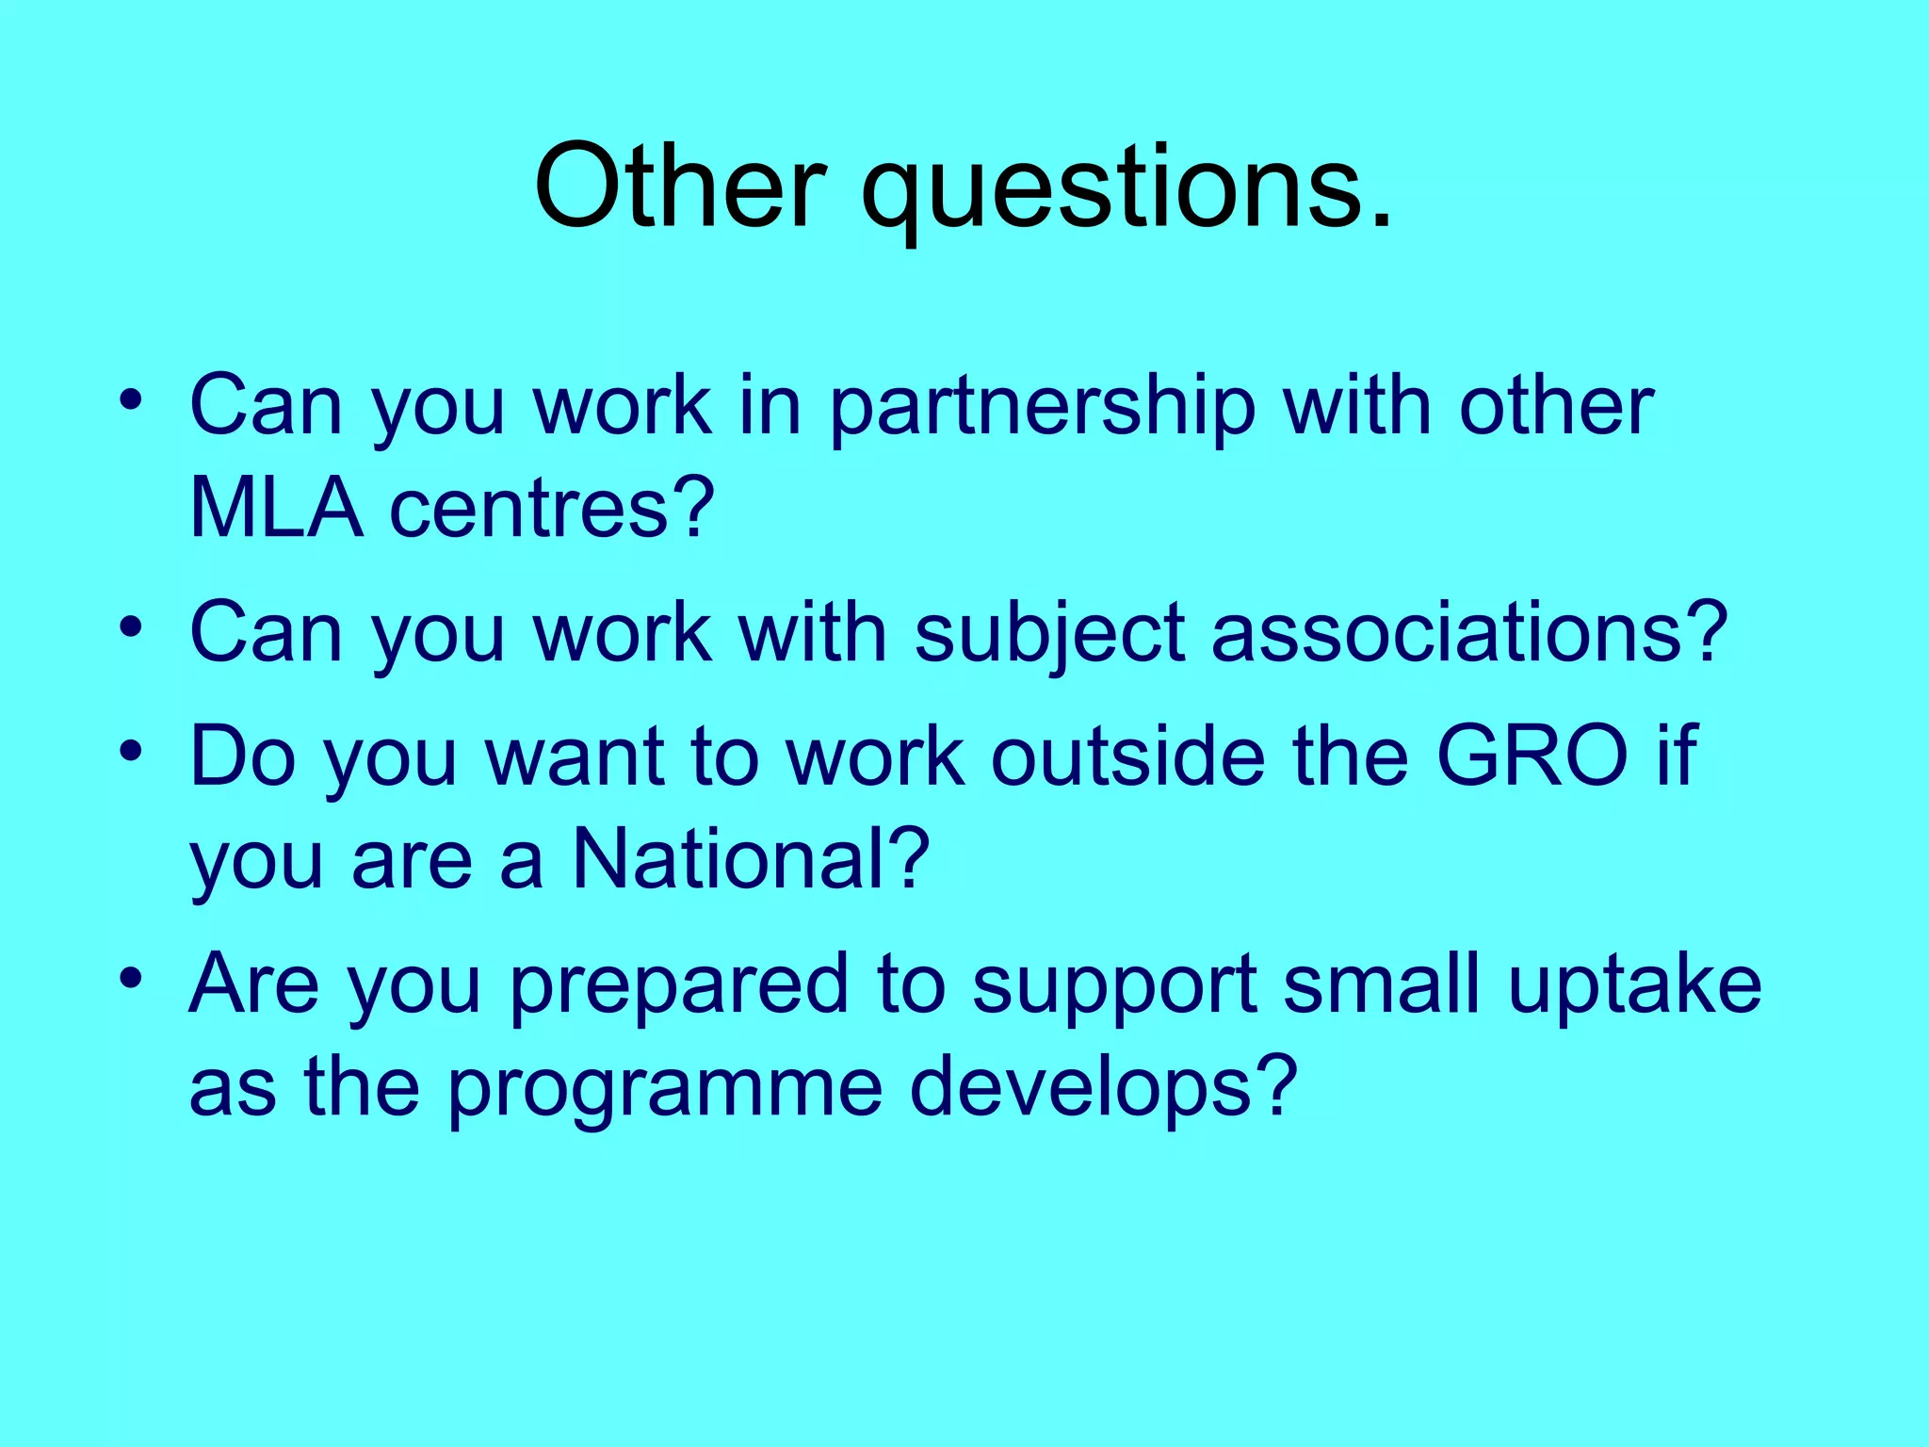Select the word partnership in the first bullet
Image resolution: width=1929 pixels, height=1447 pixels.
[1042, 409]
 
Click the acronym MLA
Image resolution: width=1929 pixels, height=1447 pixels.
[276, 509]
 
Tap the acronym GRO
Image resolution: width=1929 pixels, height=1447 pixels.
[1532, 756]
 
